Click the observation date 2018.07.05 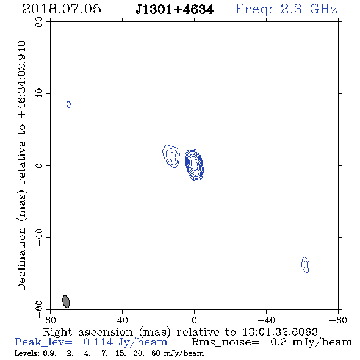click(x=62, y=9)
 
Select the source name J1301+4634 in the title click(x=175, y=10)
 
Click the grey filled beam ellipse click(x=66, y=301)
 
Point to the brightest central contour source click(x=194, y=165)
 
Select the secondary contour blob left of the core click(x=171, y=156)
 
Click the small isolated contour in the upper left click(x=69, y=104)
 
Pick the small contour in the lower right click(x=305, y=265)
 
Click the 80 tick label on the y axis click(x=39, y=22)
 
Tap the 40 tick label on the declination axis click(x=39, y=94)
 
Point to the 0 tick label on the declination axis click(x=39, y=165)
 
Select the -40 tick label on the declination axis click(x=39, y=237)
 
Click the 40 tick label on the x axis click(x=122, y=320)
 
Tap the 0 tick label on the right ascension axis click(x=194, y=320)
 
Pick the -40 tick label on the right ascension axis click(x=266, y=320)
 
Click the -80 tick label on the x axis click(x=338, y=320)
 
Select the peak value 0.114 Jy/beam click(x=126, y=342)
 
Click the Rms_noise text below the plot click(x=225, y=342)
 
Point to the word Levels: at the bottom click(x=23, y=353)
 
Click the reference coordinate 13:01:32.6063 click(x=280, y=332)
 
